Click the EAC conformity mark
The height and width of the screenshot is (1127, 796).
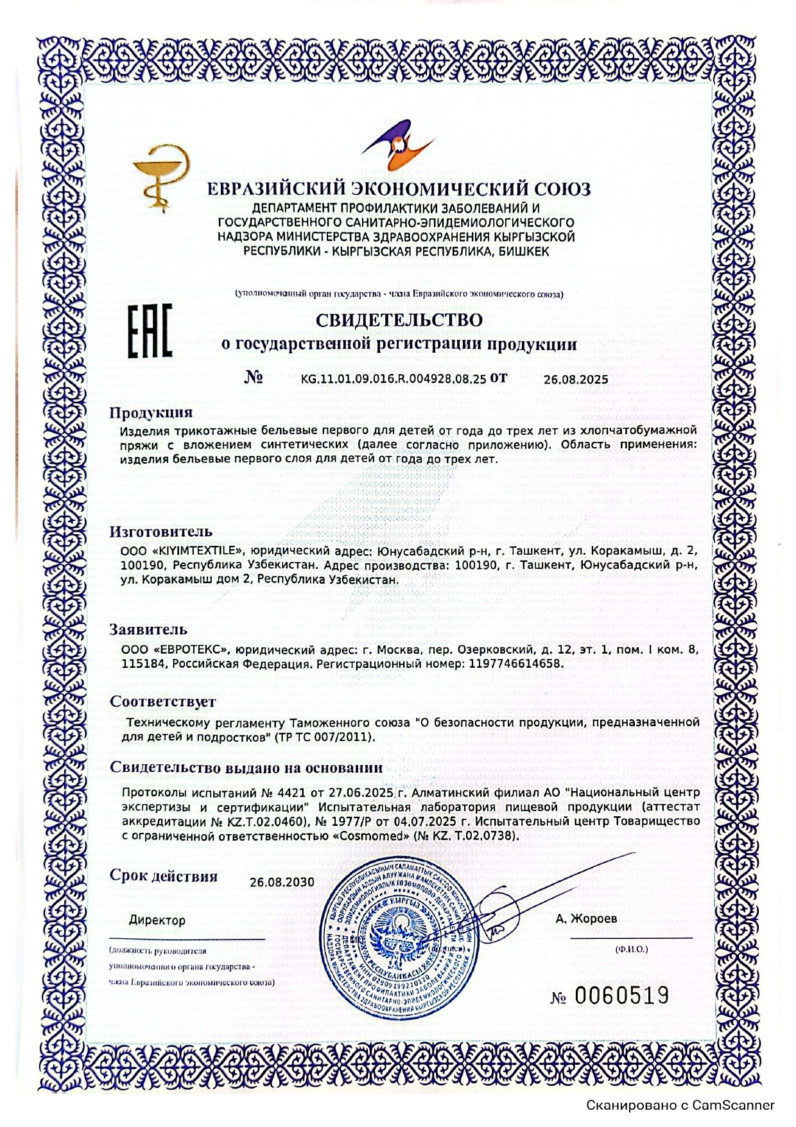pos(149,331)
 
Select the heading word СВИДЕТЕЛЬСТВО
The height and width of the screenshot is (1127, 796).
pos(399,319)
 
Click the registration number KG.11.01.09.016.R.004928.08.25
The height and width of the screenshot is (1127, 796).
pos(394,379)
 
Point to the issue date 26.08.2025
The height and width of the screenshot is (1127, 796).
pos(576,380)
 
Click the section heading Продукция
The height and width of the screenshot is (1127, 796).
pos(151,412)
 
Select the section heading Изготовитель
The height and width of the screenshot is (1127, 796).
pos(160,532)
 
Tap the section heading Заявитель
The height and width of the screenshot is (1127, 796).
pos(148,629)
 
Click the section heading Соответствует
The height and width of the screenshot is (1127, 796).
pos(162,701)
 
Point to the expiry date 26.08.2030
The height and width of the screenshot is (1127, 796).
pos(282,882)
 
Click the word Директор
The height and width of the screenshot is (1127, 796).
pos(157,920)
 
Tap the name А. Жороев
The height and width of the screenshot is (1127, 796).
pos(586,919)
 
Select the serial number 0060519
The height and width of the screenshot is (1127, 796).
pos(621,996)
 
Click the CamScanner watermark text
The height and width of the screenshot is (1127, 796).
pos(680,1106)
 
